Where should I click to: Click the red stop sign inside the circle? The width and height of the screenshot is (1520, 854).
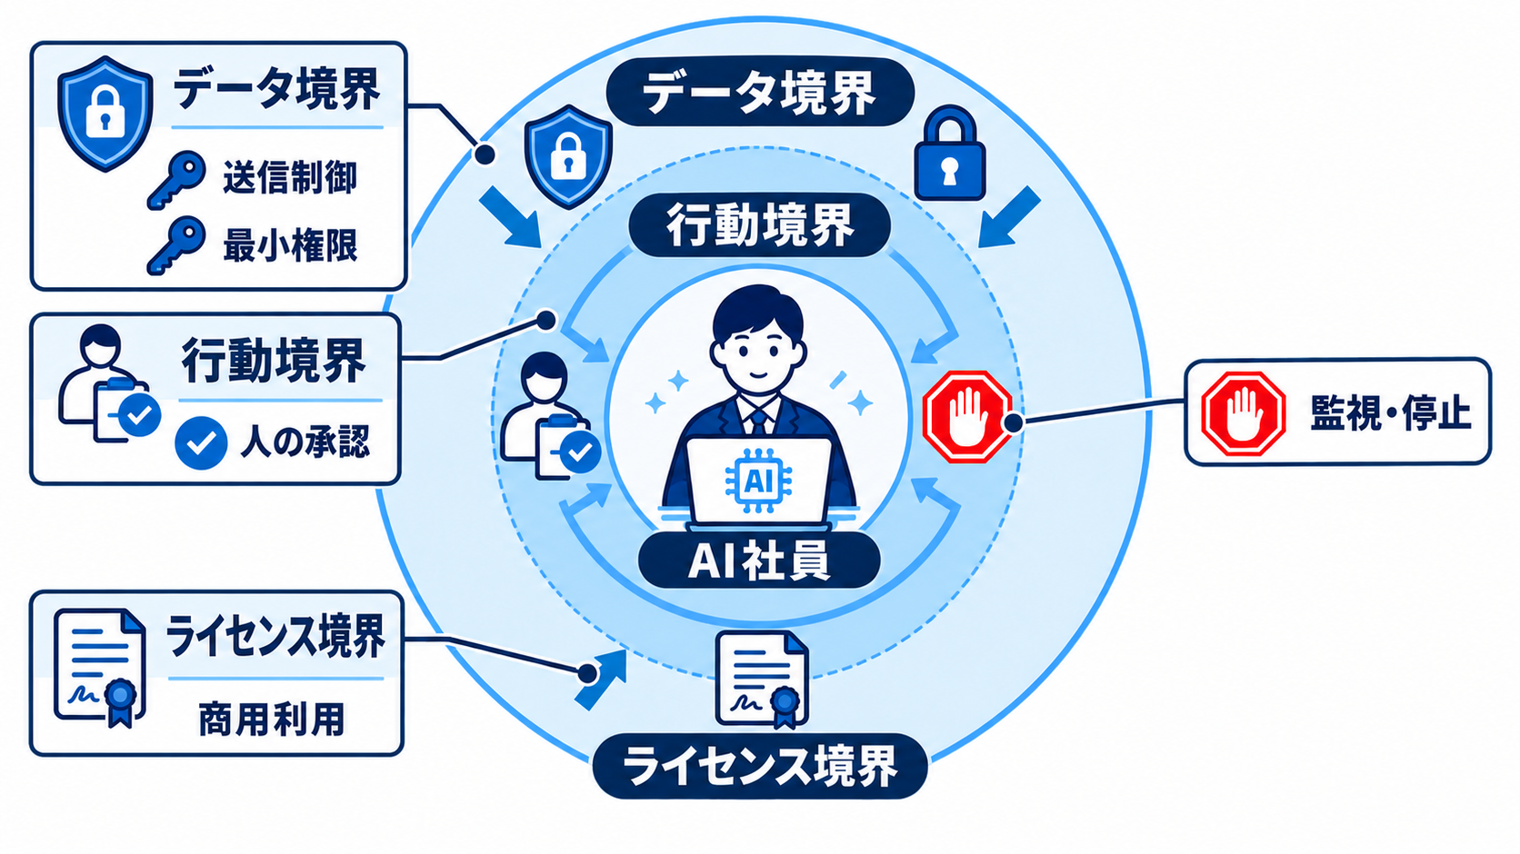click(965, 416)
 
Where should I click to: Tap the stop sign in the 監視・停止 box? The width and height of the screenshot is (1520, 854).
click(1243, 412)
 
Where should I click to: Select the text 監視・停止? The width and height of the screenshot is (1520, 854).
click(1390, 412)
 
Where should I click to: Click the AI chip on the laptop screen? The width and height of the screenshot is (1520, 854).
click(757, 481)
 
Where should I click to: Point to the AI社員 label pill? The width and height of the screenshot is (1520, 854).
click(759, 560)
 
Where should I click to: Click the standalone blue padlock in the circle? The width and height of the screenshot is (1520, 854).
click(949, 154)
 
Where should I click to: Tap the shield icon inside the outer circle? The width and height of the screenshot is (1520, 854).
click(569, 156)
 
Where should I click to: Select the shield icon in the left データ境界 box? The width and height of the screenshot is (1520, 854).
click(105, 113)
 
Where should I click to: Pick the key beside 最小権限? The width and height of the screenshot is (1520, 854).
click(176, 245)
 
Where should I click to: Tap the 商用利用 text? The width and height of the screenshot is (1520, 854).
click(272, 720)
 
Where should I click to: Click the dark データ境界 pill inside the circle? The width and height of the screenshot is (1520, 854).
click(759, 93)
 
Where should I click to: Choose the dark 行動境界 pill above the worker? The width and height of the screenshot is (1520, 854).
click(759, 224)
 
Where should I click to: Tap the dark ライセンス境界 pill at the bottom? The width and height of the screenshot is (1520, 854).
click(760, 766)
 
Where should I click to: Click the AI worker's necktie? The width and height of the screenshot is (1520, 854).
click(759, 422)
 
